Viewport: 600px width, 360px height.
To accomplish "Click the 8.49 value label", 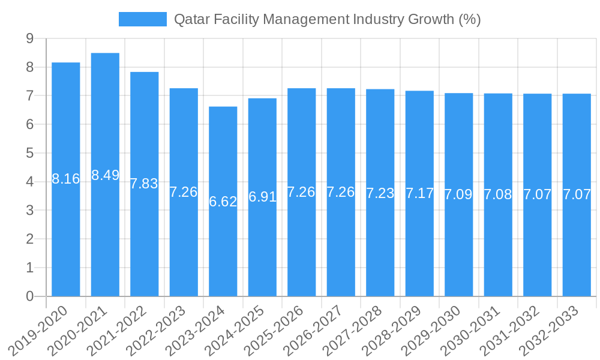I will pyautogui.click(x=105, y=175).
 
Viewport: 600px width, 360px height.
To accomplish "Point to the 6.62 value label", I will pyautogui.click(x=223, y=202).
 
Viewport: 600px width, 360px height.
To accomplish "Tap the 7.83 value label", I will pyautogui.click(x=145, y=184).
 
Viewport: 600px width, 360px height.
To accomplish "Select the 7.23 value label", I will pyautogui.click(x=380, y=193).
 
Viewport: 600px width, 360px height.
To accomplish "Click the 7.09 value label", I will pyautogui.click(x=458, y=194).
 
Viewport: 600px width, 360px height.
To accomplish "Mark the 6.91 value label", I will pyautogui.click(x=262, y=197).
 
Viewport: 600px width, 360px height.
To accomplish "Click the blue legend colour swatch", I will pyautogui.click(x=143, y=19).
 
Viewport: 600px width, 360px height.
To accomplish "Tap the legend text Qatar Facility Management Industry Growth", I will pyautogui.click(x=327, y=19).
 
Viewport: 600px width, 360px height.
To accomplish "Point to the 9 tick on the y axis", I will pyautogui.click(x=29, y=38).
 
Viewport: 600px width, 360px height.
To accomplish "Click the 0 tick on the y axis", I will pyautogui.click(x=29, y=296).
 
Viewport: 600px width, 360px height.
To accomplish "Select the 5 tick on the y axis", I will pyautogui.click(x=29, y=153).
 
